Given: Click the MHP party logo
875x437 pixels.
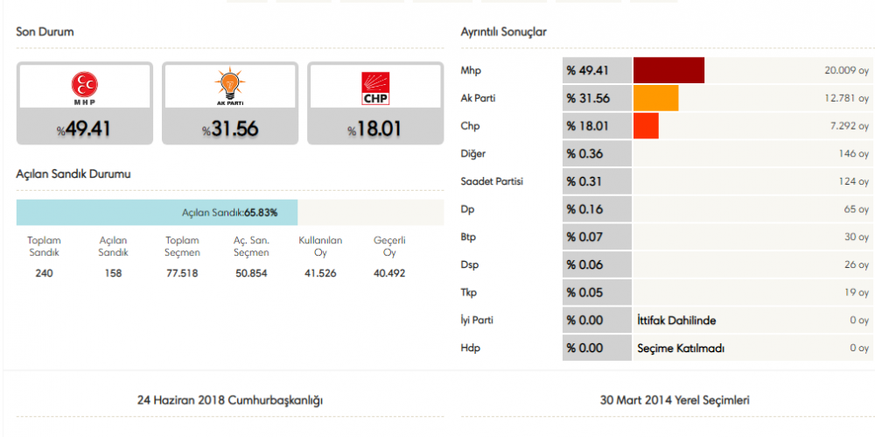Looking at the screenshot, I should click(84, 87).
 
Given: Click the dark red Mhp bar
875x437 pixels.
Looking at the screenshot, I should click(668, 70).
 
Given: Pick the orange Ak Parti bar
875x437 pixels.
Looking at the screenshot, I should click(655, 98).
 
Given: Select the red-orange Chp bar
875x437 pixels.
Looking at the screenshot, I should click(645, 126).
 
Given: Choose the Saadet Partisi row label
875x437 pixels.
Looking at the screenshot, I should click(493, 182).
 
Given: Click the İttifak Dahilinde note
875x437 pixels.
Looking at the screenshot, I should click(677, 321).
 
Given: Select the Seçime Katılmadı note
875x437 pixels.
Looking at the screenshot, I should click(681, 349).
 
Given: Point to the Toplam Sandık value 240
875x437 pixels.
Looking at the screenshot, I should click(43, 273).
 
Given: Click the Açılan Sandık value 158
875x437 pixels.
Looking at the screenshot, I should click(113, 273).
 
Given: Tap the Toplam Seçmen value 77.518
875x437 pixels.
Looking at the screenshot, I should click(183, 273).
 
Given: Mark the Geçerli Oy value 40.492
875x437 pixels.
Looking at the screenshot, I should click(389, 273).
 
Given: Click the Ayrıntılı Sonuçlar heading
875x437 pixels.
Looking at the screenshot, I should click(503, 32).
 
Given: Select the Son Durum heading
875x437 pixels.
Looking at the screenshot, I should click(45, 32).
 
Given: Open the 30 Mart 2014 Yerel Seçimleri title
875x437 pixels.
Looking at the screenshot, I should click(675, 400).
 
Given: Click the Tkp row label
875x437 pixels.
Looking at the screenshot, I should click(470, 293).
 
